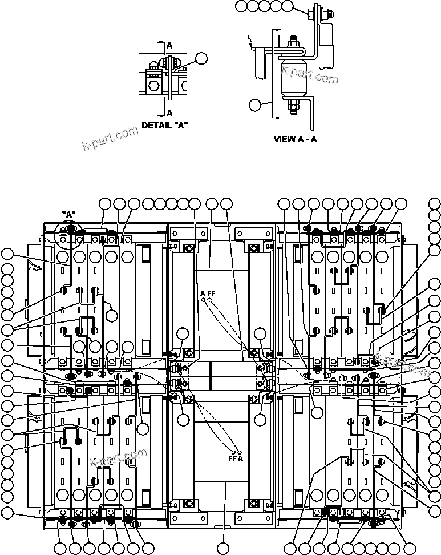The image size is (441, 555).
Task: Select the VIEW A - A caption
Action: tap(295, 139)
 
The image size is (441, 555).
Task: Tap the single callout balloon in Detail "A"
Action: tap(200, 57)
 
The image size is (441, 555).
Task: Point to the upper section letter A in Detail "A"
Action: tap(169, 44)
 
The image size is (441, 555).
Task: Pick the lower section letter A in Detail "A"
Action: tap(169, 113)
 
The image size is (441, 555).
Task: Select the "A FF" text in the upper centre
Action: tap(207, 293)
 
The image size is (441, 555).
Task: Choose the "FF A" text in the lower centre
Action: tap(236, 458)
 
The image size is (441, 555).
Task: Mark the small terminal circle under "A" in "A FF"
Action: tap(203, 299)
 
